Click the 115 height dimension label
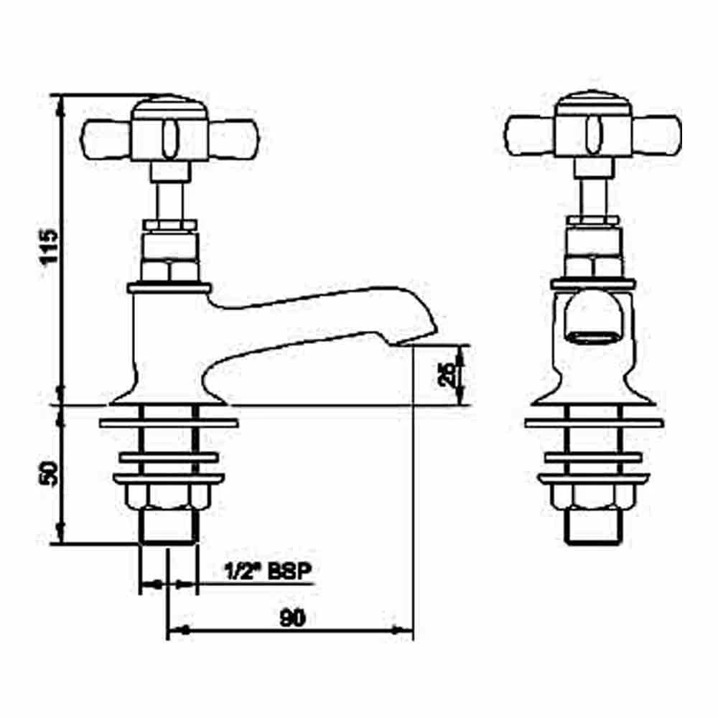pos(47,248)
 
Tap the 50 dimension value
pos(48,476)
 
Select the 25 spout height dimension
pos(447,375)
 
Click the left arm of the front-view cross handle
pos(530,135)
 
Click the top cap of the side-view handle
pos(167,105)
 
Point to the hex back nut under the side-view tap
pos(167,496)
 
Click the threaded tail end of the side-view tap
pos(167,528)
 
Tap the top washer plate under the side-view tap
pos(167,423)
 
